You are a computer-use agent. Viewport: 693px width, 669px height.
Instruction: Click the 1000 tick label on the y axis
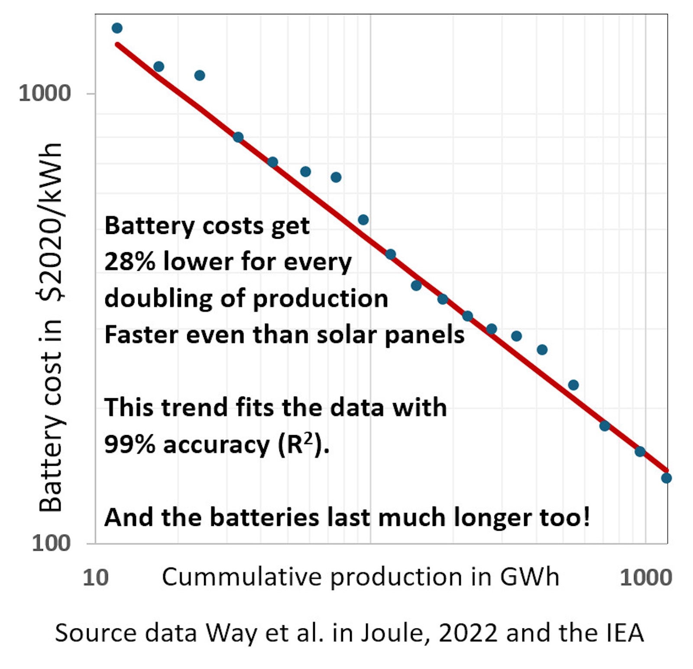click(44, 93)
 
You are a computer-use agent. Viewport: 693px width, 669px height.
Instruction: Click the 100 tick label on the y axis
click(51, 543)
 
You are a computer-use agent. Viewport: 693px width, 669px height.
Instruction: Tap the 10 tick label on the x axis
click(95, 578)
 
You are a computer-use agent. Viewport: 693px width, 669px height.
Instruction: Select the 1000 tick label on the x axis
click(646, 578)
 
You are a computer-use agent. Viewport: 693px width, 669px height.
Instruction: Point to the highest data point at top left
click(117, 28)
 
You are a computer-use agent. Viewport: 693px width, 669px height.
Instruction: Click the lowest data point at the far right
click(666, 478)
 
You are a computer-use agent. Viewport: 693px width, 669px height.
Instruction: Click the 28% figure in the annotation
click(130, 262)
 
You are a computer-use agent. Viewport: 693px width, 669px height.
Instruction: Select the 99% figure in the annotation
click(130, 445)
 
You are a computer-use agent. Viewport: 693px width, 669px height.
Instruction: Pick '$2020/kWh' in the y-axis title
click(51, 221)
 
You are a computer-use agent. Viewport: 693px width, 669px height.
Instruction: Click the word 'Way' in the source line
click(231, 633)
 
